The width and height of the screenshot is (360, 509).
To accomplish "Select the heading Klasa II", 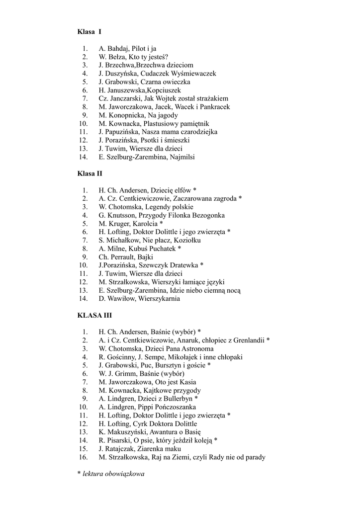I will [x=90, y=173].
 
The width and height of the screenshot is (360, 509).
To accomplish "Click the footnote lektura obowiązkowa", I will [x=113, y=474].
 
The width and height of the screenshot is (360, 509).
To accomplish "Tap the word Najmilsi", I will [x=181, y=157].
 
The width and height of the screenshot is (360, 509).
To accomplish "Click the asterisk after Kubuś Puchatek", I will [x=180, y=249].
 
